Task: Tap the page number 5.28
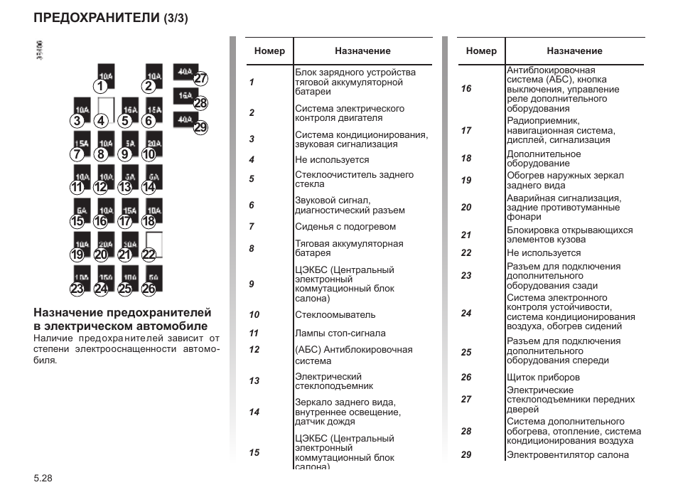pos(43,479)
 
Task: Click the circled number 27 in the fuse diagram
pos(200,79)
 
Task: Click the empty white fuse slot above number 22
pos(154,242)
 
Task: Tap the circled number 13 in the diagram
pos(124,188)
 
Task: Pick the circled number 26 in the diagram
pos(148,289)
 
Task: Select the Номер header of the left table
pos(269,51)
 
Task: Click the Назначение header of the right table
pos(574,51)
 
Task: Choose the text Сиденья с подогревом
pos(345,227)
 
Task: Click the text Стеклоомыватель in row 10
pos(335,314)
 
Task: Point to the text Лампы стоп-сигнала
pos(340,333)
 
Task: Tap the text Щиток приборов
pos(543,378)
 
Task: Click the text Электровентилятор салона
pos(568,455)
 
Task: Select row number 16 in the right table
pos(466,89)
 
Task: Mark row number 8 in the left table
pos(252,249)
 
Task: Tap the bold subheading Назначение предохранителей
pos(123,312)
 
